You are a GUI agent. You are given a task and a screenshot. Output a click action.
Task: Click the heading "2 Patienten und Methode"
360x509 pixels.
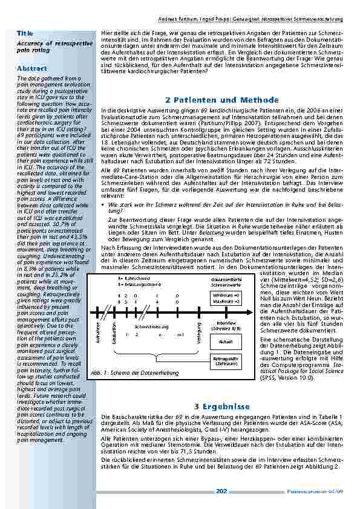click(221, 100)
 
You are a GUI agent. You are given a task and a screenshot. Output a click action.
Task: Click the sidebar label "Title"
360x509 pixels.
click(25, 33)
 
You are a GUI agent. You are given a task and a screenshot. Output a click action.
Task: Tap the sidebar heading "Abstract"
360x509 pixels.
click(31, 68)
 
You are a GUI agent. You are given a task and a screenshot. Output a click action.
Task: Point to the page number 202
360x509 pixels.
click(221, 491)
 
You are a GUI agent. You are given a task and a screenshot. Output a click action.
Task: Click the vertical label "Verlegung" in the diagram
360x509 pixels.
click(198, 331)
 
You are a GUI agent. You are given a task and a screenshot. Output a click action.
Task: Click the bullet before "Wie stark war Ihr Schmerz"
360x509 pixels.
click(103, 205)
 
